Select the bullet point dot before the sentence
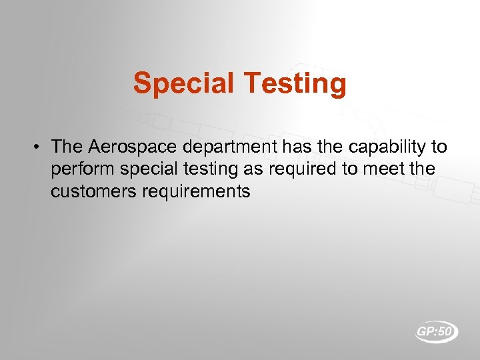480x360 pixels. [39, 146]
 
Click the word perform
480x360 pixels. [76, 169]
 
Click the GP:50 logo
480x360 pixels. [437, 331]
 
